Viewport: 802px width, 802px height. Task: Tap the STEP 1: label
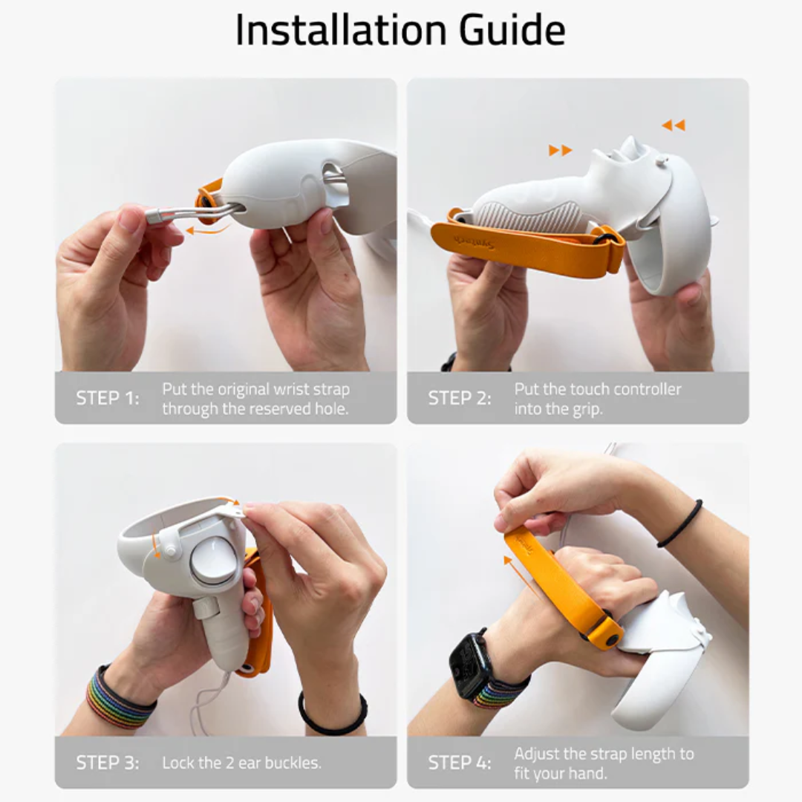coord(108,399)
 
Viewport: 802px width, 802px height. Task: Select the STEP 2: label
coord(460,399)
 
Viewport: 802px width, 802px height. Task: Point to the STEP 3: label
coord(108,763)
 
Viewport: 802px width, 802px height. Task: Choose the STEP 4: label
coord(460,763)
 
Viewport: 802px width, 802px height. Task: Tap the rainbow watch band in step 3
coord(119,698)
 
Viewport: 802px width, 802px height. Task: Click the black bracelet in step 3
coord(332,717)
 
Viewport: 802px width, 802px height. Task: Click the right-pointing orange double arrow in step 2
coord(560,151)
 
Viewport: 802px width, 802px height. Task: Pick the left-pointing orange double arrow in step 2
coord(674,125)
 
